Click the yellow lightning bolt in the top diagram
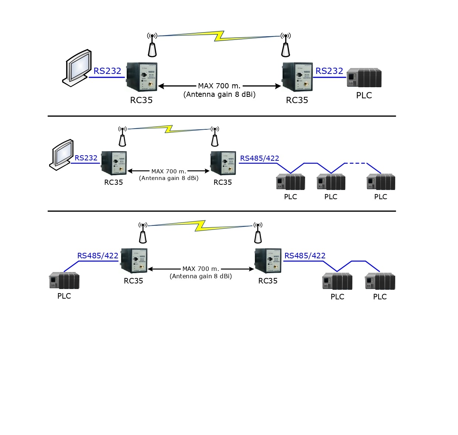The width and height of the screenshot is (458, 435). tap(219, 36)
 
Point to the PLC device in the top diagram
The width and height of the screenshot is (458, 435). tap(364, 78)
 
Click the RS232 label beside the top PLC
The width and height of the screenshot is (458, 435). tap(329, 71)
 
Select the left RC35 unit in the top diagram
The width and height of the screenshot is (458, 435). tap(142, 77)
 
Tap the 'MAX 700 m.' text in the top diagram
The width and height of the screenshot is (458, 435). tap(219, 86)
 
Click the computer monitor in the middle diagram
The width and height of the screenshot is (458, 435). tap(62, 154)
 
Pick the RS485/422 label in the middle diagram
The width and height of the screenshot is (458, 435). tap(259, 158)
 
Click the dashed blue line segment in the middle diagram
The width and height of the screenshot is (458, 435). tap(355, 163)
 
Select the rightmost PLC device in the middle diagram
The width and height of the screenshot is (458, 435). tap(381, 182)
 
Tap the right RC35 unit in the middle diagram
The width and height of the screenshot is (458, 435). tap(223, 163)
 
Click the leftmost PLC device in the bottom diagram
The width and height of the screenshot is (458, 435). tap(64, 281)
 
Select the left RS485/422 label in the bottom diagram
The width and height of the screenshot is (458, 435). tap(98, 256)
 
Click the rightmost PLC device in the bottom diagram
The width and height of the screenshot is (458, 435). tap(380, 281)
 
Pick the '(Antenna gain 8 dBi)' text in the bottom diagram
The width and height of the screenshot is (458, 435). tap(201, 276)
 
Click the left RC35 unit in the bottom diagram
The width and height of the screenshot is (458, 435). tap(134, 261)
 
